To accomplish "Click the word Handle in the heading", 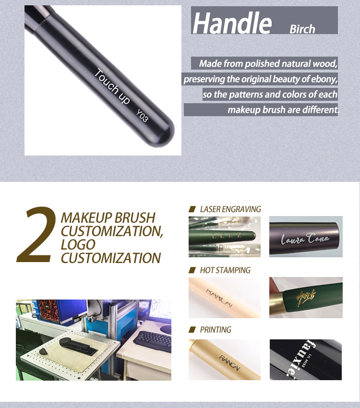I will (x=232, y=23).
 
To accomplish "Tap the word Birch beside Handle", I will (x=302, y=29).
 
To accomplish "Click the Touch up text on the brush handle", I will (x=112, y=87).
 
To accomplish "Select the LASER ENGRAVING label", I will (x=230, y=209).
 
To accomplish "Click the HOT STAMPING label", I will (x=225, y=270).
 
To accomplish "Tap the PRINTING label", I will (x=216, y=330).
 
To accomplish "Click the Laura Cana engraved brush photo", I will (x=305, y=237).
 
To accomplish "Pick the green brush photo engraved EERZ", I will (x=225, y=237).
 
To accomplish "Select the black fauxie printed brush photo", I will (x=305, y=360).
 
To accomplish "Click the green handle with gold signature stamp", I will (x=305, y=298).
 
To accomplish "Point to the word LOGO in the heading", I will (x=78, y=244).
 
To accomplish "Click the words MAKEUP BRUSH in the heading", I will (x=108, y=217).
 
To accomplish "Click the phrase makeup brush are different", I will (x=283, y=109).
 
